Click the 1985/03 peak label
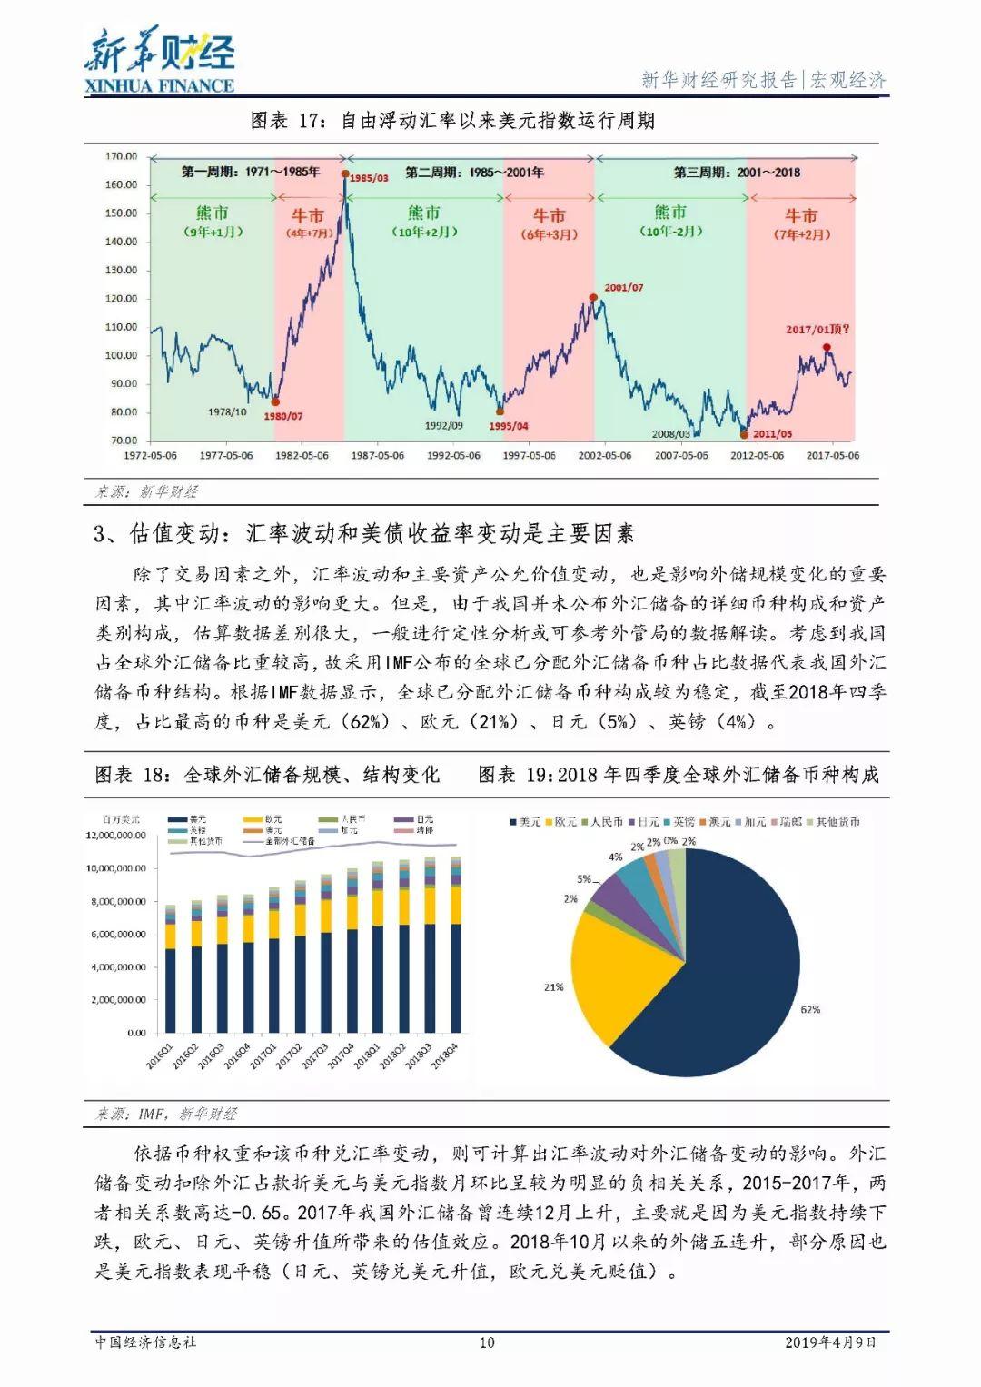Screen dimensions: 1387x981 369,178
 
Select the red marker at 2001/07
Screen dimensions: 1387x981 593,298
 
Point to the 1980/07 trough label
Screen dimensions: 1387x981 282,416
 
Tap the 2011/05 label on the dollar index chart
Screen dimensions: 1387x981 772,434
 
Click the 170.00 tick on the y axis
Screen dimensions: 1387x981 121,156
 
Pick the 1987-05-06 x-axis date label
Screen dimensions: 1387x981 378,455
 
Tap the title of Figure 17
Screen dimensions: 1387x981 451,121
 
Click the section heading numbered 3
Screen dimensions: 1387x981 364,534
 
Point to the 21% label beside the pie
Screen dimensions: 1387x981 553,986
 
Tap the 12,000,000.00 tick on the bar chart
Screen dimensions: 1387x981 115,836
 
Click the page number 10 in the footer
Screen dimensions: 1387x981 487,1342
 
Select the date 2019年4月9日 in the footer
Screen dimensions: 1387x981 830,1342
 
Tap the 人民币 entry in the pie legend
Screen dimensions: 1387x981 601,822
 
